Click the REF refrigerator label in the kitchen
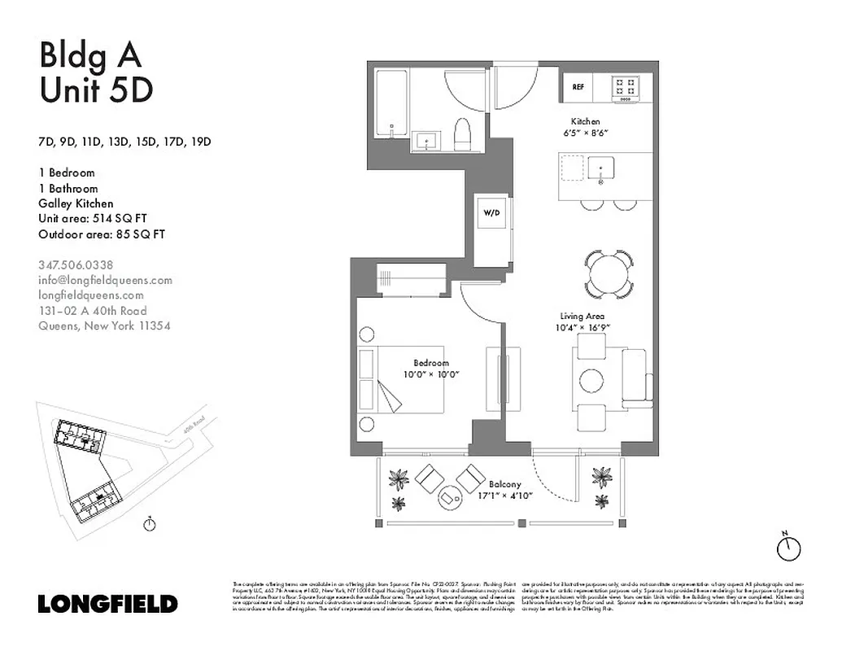coord(578,86)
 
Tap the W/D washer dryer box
coord(491,214)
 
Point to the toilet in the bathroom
coord(462,135)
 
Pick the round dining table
coord(609,274)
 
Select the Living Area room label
coord(582,316)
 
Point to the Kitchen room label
coord(585,121)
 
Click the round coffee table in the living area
coord(591,380)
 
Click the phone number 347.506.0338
coord(76,264)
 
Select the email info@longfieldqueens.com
coord(106,280)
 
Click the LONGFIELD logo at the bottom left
coord(107,604)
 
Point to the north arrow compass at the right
coord(787,548)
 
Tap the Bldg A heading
coord(90,55)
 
